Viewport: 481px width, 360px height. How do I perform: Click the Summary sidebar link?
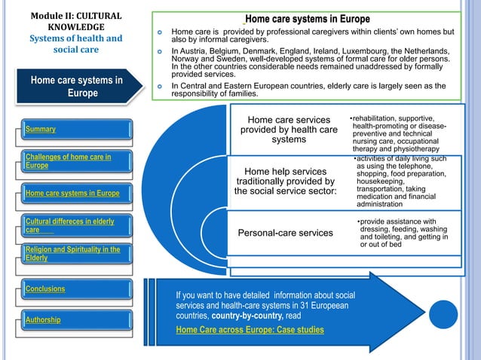(x=42, y=130)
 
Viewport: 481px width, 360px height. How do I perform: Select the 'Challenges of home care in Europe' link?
(x=68, y=161)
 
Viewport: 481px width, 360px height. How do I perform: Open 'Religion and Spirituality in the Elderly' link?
(x=72, y=254)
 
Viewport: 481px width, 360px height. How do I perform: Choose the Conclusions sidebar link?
(x=45, y=288)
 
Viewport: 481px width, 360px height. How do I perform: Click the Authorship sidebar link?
(x=44, y=320)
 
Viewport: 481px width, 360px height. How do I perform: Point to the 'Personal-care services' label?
(x=285, y=233)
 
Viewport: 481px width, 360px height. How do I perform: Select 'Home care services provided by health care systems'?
(x=289, y=130)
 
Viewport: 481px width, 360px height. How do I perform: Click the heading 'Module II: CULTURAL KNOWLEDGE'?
(x=75, y=20)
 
